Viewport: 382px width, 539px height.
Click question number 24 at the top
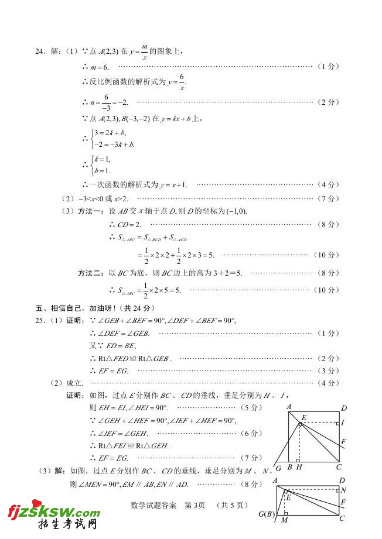(x=40, y=52)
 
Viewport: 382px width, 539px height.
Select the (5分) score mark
(x=252, y=407)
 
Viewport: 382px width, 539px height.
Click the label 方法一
(x=90, y=211)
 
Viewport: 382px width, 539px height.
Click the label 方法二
(x=90, y=273)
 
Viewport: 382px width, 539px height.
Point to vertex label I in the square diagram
(x=342, y=422)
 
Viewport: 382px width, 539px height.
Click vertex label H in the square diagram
(x=299, y=467)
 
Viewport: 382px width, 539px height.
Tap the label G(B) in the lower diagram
(x=266, y=514)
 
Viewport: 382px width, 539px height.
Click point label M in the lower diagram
(x=284, y=520)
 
